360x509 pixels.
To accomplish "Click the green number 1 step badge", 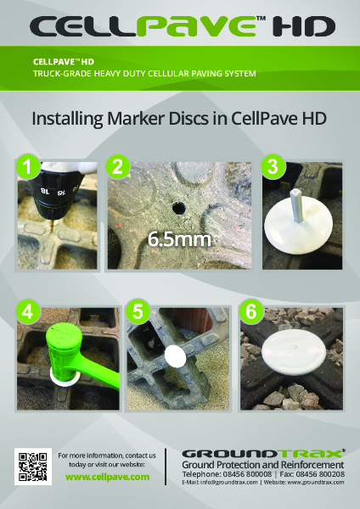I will [29, 167].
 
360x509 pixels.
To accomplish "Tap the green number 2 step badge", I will [118, 167].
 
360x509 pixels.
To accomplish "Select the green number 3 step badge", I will [272, 167].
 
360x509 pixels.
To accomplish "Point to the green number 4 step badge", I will [29, 311].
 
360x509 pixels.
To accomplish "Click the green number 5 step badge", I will [136, 311].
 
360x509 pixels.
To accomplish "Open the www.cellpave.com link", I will [107, 478].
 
